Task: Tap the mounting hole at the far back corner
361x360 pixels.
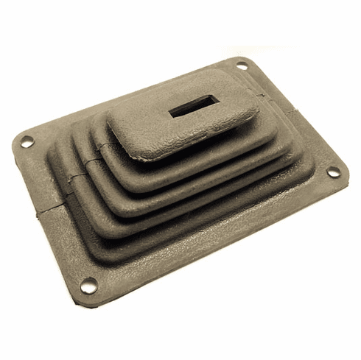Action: point(242,66)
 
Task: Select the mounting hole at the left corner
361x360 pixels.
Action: point(27,142)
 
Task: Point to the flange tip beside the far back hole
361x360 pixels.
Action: point(246,59)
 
